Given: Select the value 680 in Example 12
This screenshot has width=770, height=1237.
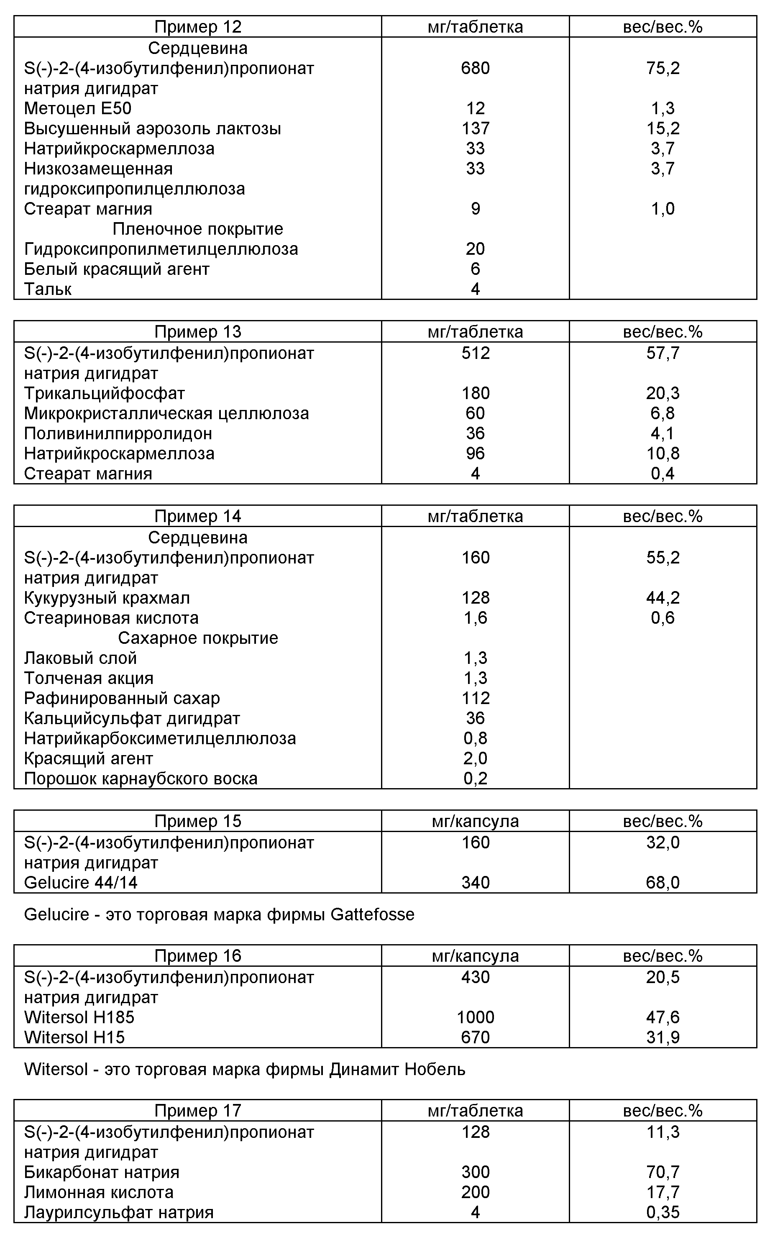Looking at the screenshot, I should click(475, 68).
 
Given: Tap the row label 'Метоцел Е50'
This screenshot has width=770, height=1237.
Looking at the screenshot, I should click(77, 108).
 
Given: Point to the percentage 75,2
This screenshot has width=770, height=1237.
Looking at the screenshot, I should click(663, 68).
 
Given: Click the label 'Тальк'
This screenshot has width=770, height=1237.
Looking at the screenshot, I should click(48, 289).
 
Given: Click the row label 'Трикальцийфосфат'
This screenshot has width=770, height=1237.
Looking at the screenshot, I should click(105, 393).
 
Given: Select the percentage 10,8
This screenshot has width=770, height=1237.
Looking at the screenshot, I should click(663, 453).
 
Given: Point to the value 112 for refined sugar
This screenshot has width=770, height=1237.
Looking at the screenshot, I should click(475, 698).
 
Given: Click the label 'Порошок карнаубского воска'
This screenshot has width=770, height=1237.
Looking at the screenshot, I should click(141, 779).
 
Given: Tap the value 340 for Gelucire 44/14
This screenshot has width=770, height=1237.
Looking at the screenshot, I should click(475, 883).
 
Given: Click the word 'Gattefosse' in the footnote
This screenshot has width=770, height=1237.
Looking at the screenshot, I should click(372, 914).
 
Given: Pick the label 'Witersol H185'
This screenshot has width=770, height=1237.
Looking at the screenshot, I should click(79, 1017).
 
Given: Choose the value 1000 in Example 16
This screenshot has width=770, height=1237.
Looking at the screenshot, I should click(475, 1017).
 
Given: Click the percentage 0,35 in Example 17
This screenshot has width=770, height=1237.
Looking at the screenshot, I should click(663, 1212).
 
